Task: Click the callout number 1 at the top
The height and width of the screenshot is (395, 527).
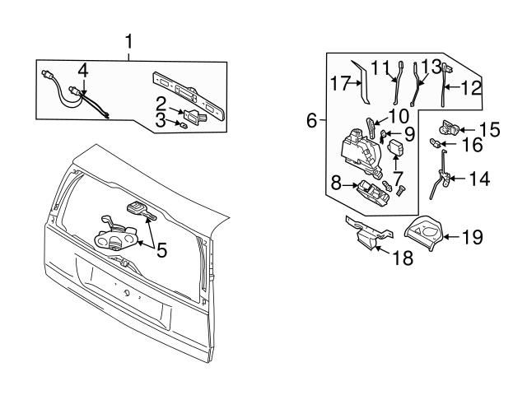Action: tap(128, 42)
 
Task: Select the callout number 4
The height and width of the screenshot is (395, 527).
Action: tap(83, 72)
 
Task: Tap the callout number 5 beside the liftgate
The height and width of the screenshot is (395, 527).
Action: tap(161, 250)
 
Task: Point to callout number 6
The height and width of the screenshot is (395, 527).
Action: tap(311, 120)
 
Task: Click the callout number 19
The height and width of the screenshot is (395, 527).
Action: tap(473, 237)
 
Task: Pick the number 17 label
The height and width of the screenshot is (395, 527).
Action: tap(341, 83)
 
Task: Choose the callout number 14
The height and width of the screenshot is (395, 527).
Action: tap(479, 179)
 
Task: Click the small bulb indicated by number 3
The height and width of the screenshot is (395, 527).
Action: tap(184, 126)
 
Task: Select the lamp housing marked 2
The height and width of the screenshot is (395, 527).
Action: tap(194, 116)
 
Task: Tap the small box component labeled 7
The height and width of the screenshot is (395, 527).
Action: tap(396, 148)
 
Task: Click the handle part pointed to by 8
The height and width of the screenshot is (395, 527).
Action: tap(374, 193)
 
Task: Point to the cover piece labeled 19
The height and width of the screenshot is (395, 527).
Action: tap(423, 232)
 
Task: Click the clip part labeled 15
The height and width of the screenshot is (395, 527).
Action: tap(449, 128)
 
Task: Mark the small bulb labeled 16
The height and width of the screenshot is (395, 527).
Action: tap(436, 144)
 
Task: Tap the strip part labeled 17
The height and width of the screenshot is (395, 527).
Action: tap(361, 82)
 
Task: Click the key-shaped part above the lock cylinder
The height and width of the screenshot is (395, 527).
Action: tap(141, 211)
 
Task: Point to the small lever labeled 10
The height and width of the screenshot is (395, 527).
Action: tap(371, 128)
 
